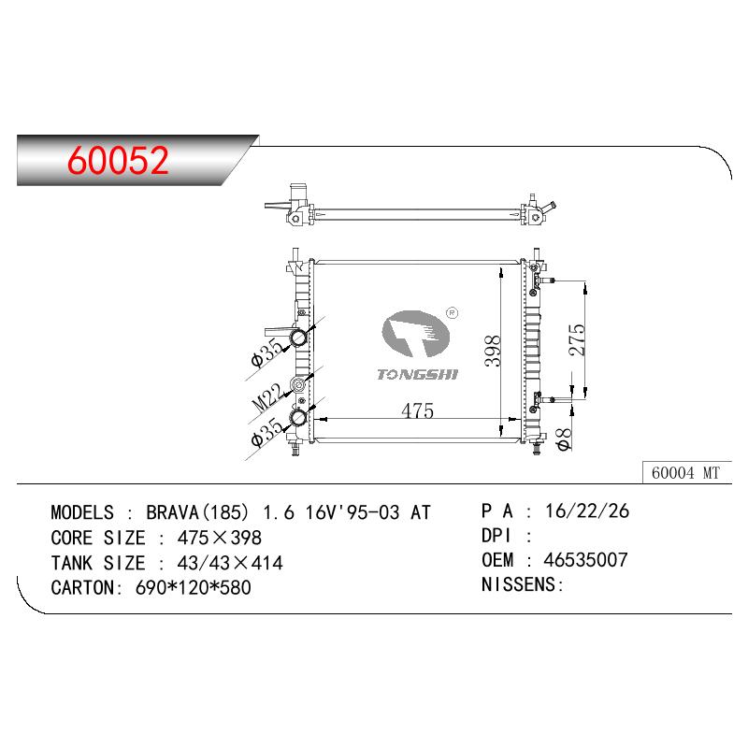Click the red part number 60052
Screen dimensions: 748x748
tap(119, 160)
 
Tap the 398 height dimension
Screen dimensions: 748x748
tap(493, 351)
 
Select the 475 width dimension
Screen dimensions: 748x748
tap(417, 410)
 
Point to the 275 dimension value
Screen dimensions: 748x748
tap(577, 339)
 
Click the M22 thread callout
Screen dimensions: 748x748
tap(267, 398)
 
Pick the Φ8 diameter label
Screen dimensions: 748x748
tap(564, 439)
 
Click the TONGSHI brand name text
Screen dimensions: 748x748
tap(417, 375)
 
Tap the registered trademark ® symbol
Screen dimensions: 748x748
tap(452, 313)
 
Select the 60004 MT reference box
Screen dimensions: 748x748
tap(686, 472)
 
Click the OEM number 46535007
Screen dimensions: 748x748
tap(585, 560)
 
